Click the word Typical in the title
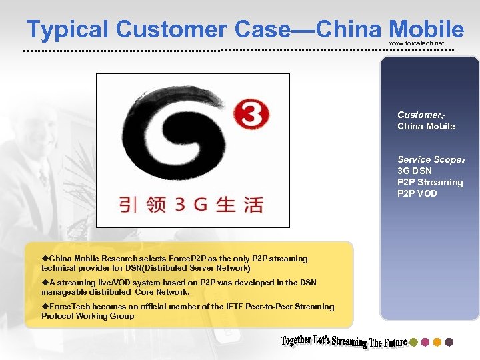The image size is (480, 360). point(67,29)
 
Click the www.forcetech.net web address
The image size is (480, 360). point(416,43)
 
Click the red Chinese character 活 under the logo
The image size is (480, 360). point(252,205)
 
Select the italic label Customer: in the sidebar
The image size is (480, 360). point(420,115)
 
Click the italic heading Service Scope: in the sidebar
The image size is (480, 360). point(431,159)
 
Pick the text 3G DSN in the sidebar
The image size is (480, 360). point(415,171)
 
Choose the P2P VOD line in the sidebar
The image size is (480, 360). point(417,193)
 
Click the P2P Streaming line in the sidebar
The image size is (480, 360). point(430,182)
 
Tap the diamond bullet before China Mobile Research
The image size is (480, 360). point(45,258)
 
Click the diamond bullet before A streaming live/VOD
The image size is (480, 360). point(45,282)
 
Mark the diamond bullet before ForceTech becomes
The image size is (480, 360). point(45,306)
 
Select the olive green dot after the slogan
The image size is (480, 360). point(413,342)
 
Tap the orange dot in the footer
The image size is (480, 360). point(437,342)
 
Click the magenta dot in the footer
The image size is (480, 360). point(425,342)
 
